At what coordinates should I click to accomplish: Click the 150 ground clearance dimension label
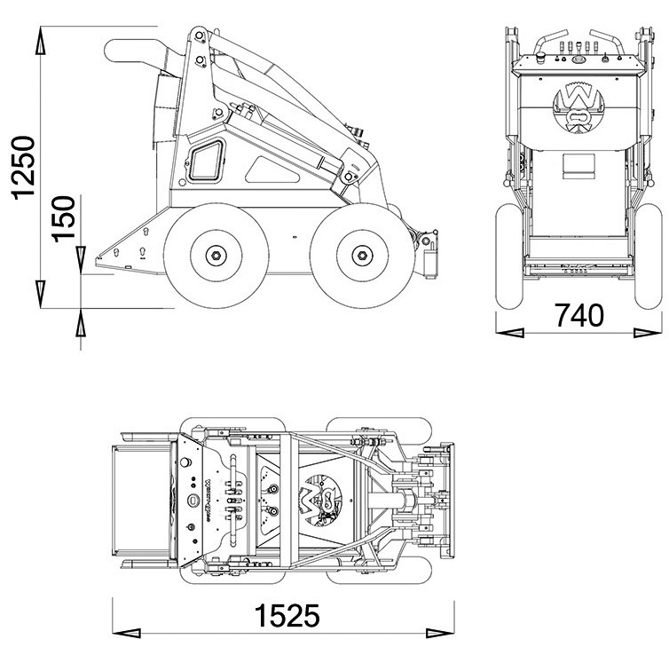point(63,218)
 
